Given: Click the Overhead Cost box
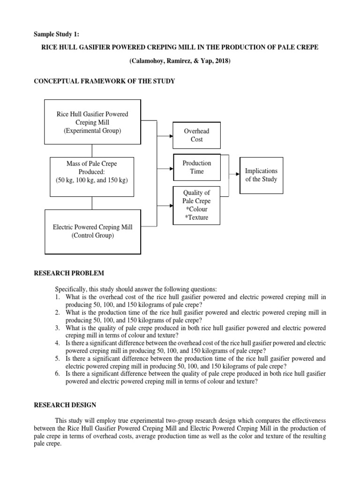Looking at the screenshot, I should coord(196,135).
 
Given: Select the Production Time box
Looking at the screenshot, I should coord(196,167).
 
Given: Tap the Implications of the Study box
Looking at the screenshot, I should coord(261,175).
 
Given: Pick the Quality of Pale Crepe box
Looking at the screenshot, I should coord(196,205).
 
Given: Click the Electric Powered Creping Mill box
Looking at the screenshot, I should coord(92,232).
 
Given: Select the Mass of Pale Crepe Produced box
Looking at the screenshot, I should coord(92,172).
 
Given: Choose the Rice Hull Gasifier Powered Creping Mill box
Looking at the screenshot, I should coord(92,122).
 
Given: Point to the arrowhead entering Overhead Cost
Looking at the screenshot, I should coord(172,136).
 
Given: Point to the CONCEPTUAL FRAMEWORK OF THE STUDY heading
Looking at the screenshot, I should coord(105,81).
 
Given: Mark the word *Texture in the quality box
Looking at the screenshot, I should coord(197,217).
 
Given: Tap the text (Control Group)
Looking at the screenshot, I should coord(92,236).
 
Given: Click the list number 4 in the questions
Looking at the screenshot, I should coord(57,344).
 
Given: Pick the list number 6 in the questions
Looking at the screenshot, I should coord(57,374).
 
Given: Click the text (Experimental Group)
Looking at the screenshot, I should coord(92,130).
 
